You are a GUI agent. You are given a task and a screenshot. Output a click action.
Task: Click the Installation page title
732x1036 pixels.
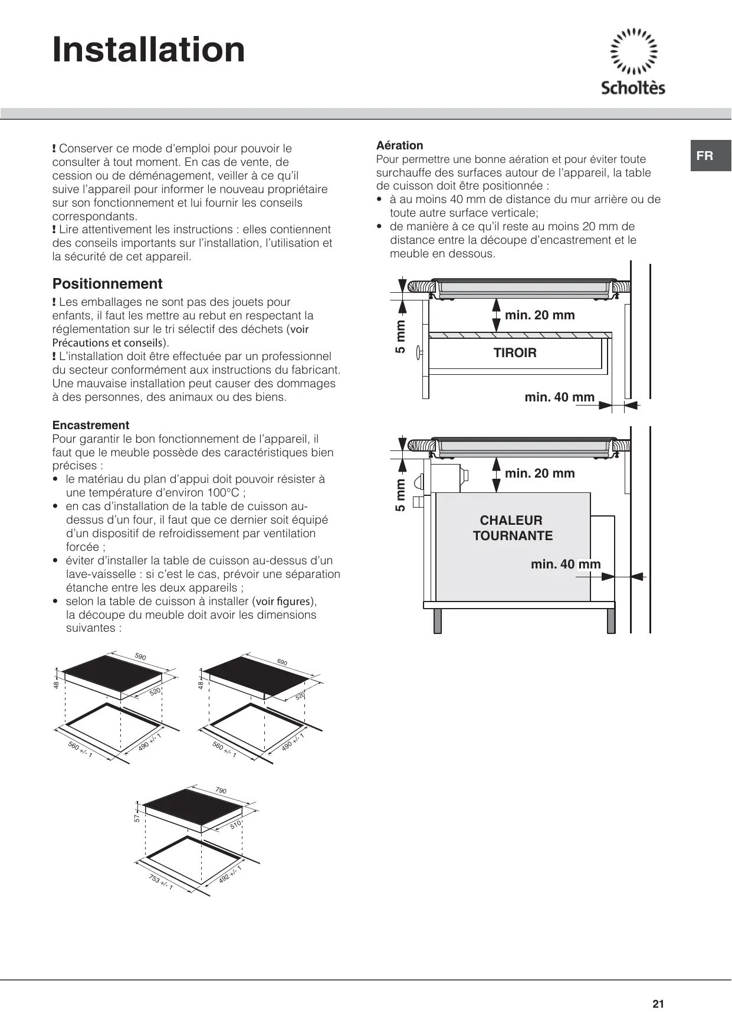149,50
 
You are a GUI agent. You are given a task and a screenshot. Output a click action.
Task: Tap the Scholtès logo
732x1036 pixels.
633,62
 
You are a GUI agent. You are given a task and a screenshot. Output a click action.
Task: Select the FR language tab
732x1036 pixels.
705,156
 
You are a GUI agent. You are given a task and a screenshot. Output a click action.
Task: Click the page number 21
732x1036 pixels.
658,1004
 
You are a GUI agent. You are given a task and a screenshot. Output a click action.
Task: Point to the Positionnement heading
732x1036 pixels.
107,284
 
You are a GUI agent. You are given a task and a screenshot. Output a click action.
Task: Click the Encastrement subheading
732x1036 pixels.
91,425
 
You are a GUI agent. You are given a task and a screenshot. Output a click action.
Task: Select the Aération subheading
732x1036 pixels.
400,145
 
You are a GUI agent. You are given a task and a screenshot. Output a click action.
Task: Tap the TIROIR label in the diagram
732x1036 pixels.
515,353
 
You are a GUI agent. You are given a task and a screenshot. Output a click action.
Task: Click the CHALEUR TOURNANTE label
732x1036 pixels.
513,528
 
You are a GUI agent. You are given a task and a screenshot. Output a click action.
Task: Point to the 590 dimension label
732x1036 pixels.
140,657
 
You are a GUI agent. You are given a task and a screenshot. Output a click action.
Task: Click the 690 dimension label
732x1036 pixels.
282,662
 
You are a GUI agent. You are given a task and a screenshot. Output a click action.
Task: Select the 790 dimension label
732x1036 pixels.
221,790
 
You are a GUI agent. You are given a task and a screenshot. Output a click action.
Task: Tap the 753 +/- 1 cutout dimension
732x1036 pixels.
160,883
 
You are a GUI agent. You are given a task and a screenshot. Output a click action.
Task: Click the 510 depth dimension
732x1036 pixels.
236,825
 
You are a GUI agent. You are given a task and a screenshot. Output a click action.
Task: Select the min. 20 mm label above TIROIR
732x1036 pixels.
540,315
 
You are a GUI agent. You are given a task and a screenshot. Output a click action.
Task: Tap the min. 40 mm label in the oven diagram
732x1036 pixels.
565,564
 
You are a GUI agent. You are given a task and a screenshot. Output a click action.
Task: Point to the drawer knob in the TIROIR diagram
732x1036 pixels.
418,353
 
